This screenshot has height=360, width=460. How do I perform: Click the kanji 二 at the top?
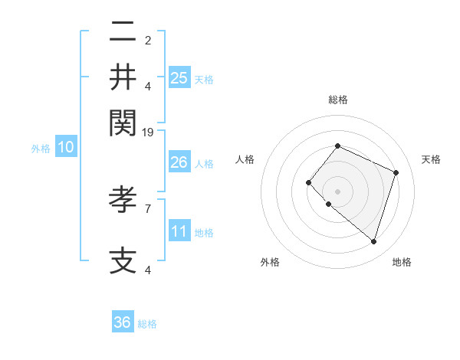click(123, 33)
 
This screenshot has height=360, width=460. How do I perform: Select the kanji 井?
click(123, 77)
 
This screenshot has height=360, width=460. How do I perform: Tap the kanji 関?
click(123, 120)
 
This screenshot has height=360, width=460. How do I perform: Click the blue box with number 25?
click(179, 77)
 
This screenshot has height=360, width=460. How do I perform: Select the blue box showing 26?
click(179, 162)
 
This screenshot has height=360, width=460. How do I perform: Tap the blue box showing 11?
click(179, 231)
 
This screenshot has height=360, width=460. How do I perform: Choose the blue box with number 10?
click(66, 148)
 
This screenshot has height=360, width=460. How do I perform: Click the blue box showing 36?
click(123, 322)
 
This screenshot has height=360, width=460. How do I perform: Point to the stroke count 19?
click(148, 132)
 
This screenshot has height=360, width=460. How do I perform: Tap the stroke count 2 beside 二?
click(148, 41)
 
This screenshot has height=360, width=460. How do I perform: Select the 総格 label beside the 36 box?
click(147, 324)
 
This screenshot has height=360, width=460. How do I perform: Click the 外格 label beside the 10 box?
click(41, 149)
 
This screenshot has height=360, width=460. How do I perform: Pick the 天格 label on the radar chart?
click(431, 159)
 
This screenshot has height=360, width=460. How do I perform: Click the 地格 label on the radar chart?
click(402, 262)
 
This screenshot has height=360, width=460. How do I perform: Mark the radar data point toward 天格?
click(396, 172)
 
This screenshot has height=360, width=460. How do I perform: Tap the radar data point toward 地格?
click(373, 242)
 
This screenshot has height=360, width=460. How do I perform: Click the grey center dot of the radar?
click(337, 191)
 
